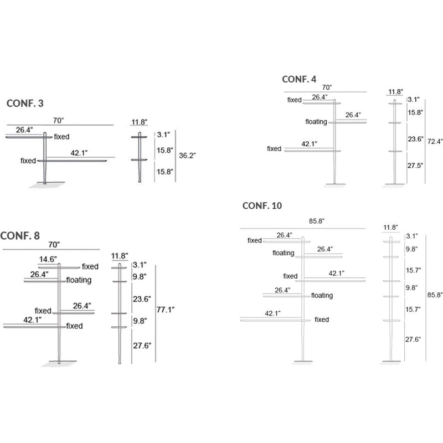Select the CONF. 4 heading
[x=299, y=79]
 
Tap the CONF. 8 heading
[x=20, y=235]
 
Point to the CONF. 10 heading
[x=262, y=206]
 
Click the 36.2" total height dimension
[x=187, y=156]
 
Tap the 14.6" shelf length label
[x=48, y=260]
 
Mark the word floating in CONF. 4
[x=316, y=121]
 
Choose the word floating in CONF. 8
[x=79, y=280]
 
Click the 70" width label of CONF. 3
[x=59, y=120]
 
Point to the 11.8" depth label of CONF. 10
[x=390, y=228]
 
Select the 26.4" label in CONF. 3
[x=24, y=130]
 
